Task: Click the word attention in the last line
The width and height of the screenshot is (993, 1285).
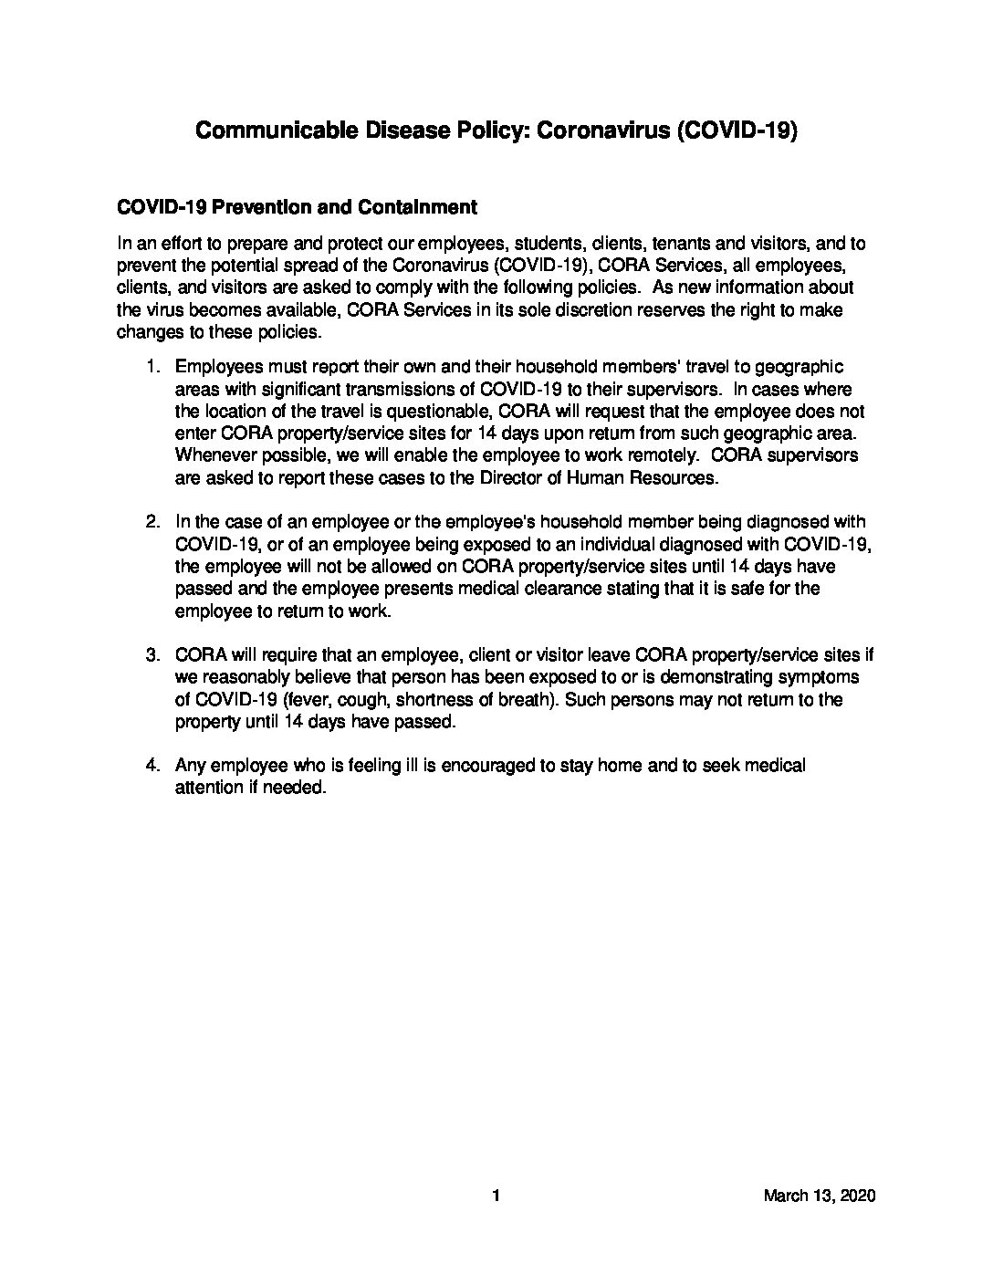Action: [206, 788]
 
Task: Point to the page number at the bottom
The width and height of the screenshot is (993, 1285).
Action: [496, 1196]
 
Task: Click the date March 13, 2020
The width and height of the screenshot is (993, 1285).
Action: [820, 1196]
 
